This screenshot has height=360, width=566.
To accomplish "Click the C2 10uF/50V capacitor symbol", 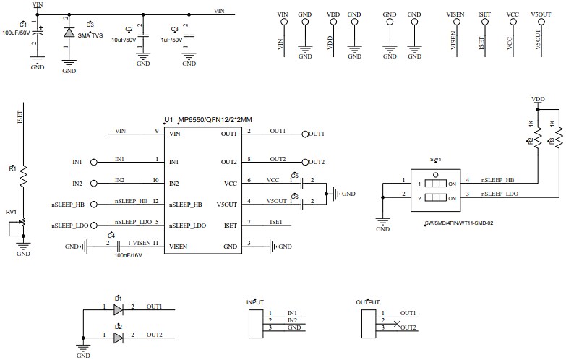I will (143, 36).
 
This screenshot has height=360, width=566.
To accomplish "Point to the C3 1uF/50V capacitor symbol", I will (189, 36).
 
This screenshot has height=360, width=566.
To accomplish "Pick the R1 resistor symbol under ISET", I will (23, 176).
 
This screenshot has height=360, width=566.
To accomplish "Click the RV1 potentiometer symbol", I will (23, 223).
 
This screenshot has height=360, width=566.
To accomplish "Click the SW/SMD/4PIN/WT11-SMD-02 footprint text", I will (459, 223).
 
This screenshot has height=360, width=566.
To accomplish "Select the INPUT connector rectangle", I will (254, 322).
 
